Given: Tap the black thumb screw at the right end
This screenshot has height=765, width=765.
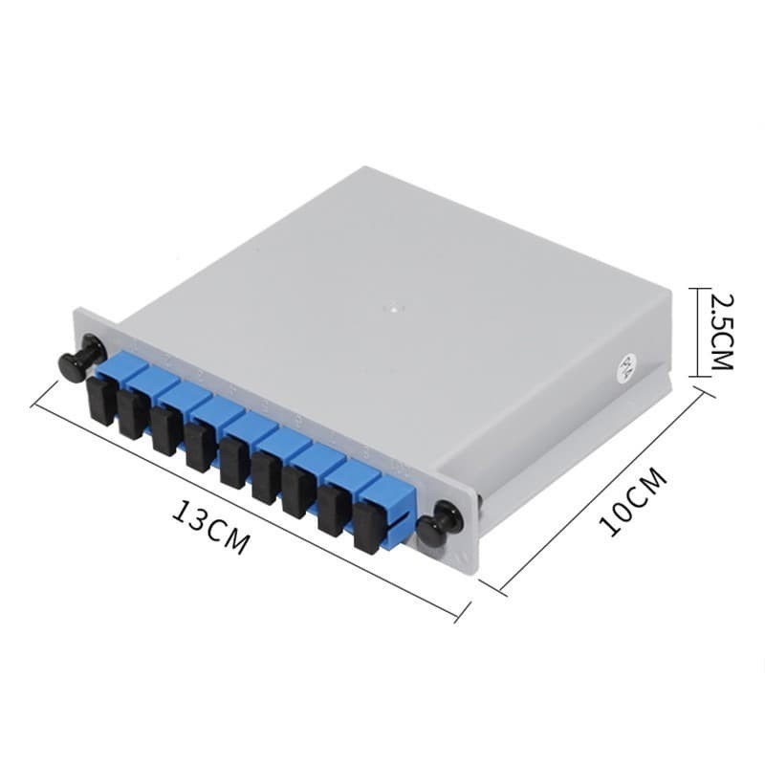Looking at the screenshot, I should [x=433, y=531].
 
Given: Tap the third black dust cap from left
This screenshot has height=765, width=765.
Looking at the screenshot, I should [x=166, y=429].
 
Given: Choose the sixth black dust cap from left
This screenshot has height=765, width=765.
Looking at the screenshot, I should [x=267, y=479].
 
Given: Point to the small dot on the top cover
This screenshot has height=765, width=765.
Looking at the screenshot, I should [x=389, y=308].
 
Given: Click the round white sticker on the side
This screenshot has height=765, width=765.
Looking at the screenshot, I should [x=628, y=366].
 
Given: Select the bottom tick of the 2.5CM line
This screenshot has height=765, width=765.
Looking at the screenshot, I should [x=702, y=376].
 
